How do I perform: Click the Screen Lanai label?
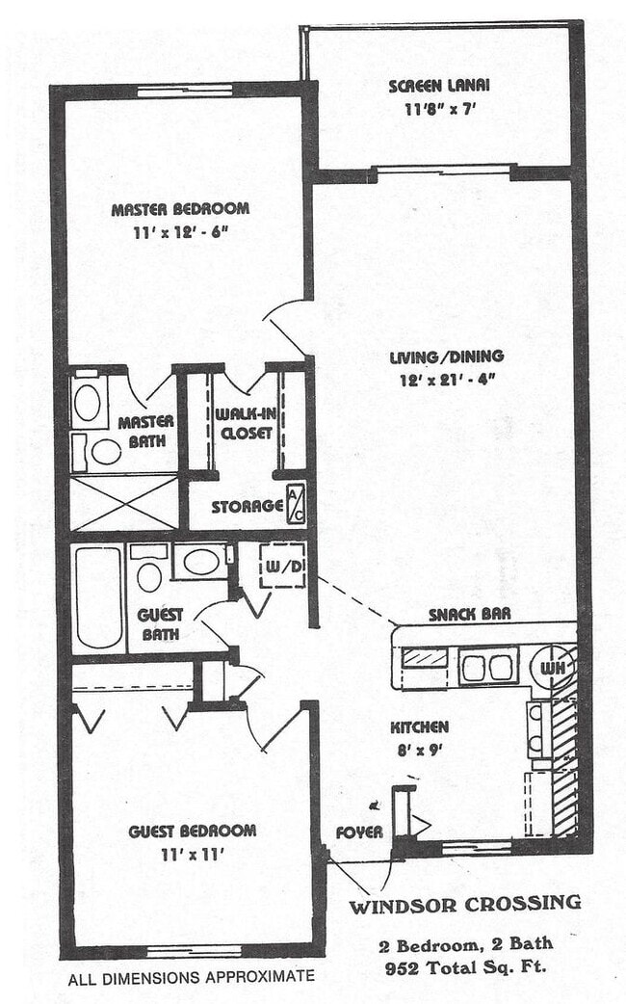[x=432, y=86]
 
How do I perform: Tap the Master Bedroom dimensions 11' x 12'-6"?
[x=180, y=231]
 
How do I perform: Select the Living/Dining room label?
[x=446, y=357]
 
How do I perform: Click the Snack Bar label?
[x=469, y=614]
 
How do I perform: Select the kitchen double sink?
[x=488, y=666]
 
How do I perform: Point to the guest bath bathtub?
[x=97, y=596]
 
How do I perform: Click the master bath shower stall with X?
[x=125, y=502]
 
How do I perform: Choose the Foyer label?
[x=358, y=832]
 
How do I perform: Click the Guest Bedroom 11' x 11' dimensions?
[x=193, y=854]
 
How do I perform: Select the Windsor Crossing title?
[x=464, y=905]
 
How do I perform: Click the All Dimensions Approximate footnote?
[x=191, y=977]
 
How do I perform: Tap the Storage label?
[x=247, y=506]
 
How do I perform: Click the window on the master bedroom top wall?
[x=185, y=92]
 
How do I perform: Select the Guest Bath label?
[x=160, y=623]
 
